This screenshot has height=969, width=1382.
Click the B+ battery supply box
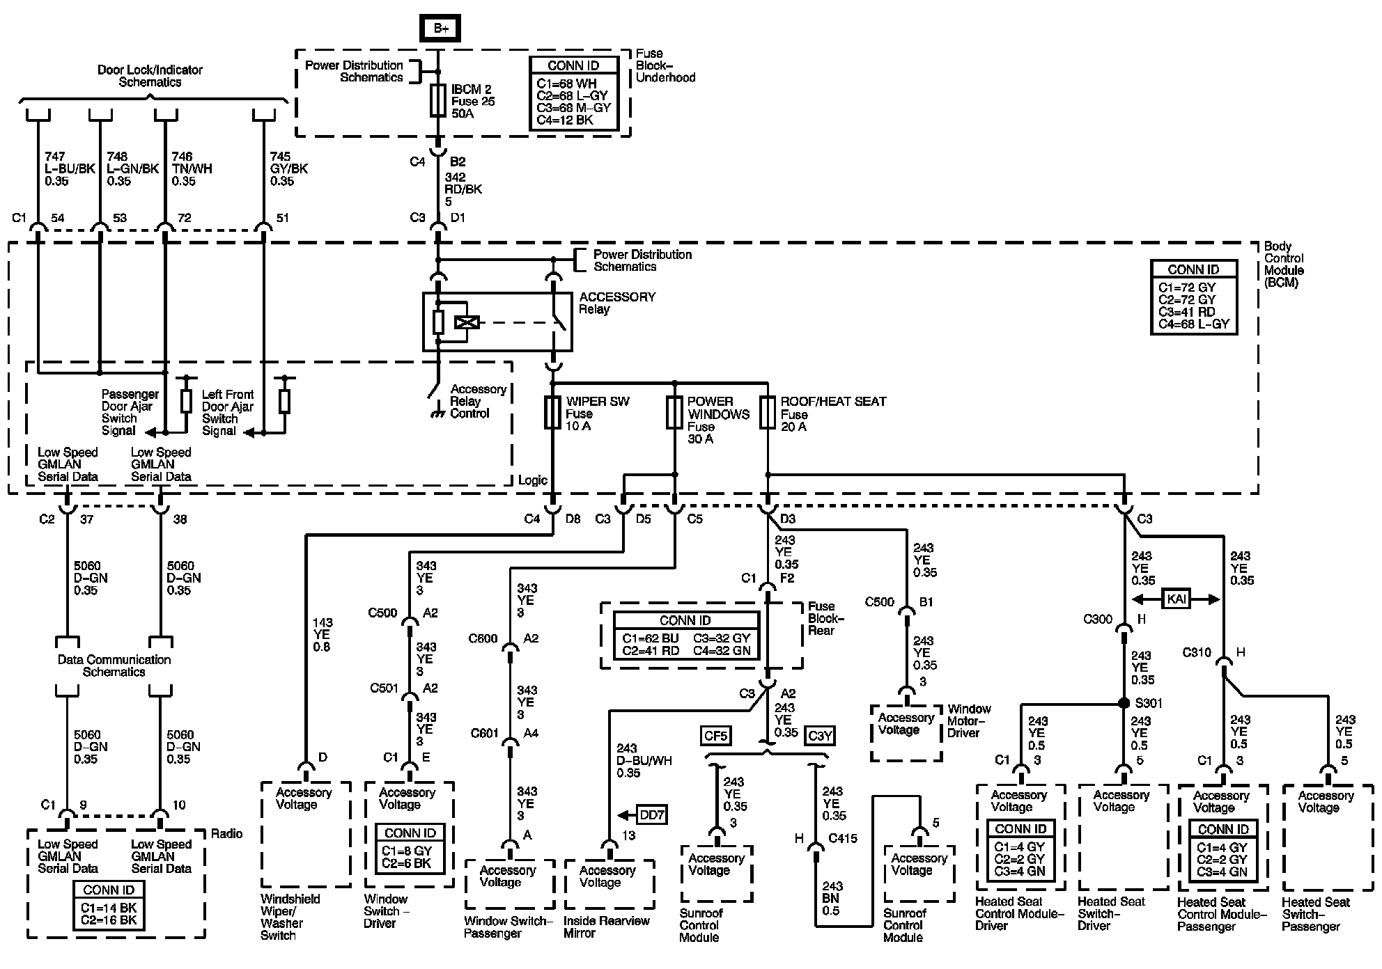440,28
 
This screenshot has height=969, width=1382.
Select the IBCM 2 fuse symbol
438,100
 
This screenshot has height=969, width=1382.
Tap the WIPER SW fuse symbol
552,413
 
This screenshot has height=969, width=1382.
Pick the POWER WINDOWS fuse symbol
674,413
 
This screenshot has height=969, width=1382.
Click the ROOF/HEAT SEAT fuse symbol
768,413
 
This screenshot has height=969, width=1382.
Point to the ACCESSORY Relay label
616,303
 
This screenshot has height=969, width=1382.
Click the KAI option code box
1176,599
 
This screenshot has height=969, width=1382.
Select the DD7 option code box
651,814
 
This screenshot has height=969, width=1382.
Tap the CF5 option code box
715,735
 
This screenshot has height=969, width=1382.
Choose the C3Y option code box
819,735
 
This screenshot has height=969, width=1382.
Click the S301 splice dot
1124,703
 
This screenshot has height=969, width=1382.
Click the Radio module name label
226,834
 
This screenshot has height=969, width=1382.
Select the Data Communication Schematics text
114,665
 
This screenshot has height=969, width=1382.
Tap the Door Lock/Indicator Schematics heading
150,76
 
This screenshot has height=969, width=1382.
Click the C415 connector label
843,838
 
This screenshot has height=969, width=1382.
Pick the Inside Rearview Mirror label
606,927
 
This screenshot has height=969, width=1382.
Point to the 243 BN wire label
832,898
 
